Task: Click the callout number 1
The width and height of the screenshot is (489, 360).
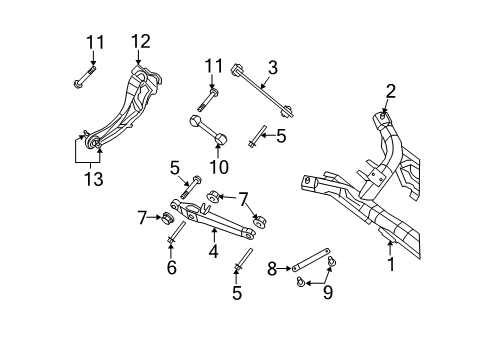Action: coord(391,266)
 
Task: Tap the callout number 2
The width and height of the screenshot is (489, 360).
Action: coord(391,92)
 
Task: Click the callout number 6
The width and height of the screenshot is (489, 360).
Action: coord(171,267)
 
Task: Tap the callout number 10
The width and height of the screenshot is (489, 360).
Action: coord(211,165)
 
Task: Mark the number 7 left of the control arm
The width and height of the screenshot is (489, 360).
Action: coord(142,215)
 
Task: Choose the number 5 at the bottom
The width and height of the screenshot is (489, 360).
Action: coord(238,293)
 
